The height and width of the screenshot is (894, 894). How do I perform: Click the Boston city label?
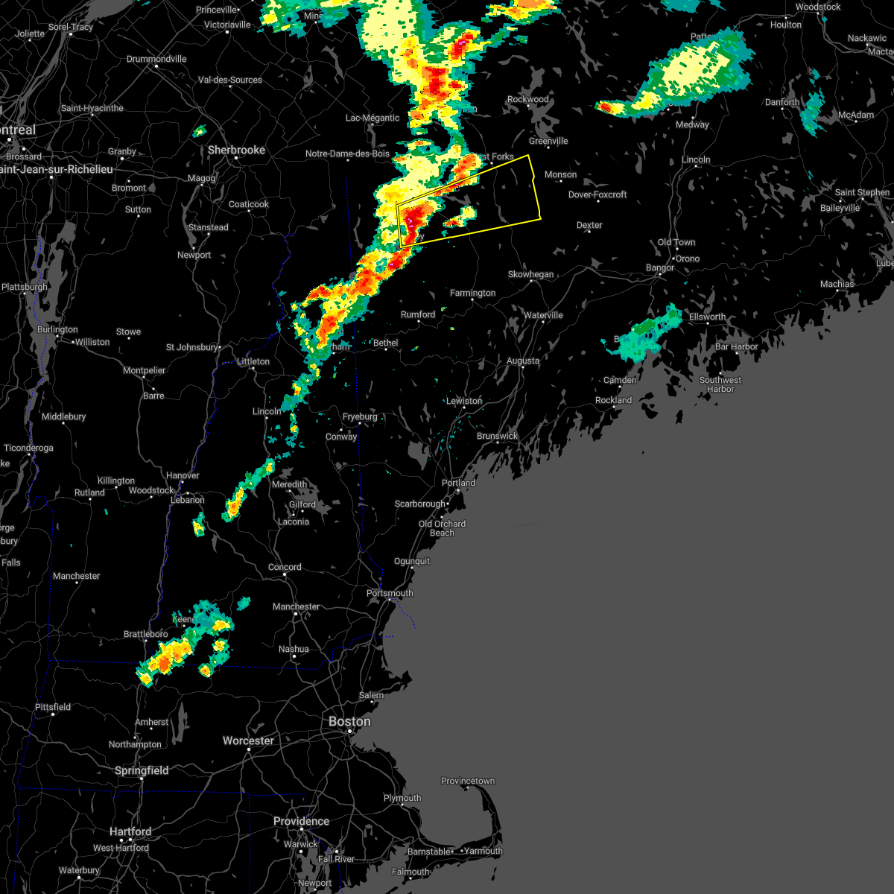[349, 721]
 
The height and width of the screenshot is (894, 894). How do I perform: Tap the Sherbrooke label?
[236, 150]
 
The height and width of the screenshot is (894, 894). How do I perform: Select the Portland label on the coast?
[458, 483]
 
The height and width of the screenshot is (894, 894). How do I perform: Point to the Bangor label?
[660, 267]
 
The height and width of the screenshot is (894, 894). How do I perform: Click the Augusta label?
[522, 361]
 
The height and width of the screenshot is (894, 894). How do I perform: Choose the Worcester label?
[248, 741]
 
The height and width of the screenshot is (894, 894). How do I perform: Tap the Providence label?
[301, 821]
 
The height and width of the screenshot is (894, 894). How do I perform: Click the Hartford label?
[130, 831]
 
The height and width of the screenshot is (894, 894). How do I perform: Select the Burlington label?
[57, 329]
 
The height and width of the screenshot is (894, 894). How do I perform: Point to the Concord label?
[285, 567]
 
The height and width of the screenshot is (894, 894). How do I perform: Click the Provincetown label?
[467, 781]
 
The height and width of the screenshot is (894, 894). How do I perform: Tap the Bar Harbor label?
[736, 346]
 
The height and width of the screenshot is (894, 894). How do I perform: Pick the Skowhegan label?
[530, 274]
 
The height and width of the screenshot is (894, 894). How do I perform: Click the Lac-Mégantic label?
[372, 118]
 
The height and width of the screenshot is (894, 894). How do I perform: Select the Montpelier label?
[144, 370]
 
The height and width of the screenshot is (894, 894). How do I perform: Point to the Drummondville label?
[156, 59]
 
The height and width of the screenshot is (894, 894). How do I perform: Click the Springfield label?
[142, 770]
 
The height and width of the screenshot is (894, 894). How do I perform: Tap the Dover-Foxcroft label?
[597, 194]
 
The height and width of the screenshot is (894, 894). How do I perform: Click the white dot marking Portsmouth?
[389, 601]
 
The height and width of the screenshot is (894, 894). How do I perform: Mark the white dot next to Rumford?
[419, 323]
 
